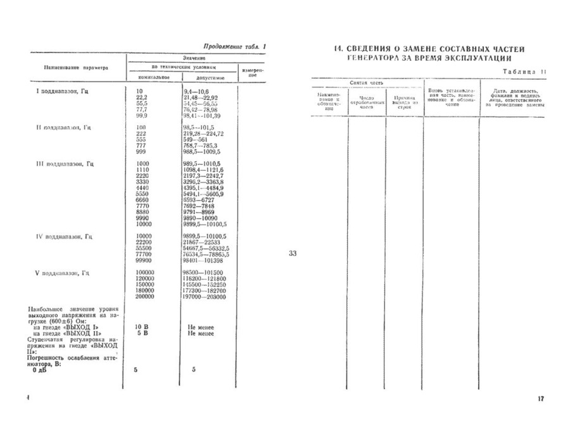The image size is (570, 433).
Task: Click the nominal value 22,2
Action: coord(142,97)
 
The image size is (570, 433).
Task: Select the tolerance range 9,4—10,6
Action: coord(195,92)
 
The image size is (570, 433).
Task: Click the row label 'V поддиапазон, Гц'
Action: coord(61,273)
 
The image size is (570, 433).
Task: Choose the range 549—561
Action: coord(194,139)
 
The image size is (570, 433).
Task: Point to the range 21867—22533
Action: coord(201,242)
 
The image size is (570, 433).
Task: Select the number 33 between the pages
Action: coord(293,254)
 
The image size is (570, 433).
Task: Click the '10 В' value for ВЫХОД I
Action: coord(142,327)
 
